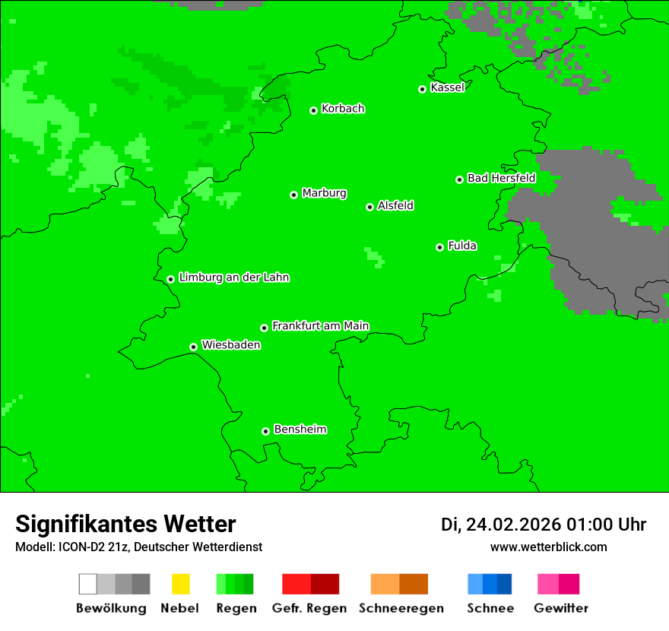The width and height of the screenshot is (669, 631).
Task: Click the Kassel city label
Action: (x=447, y=87)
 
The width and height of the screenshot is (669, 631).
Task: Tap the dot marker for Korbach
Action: (x=313, y=110)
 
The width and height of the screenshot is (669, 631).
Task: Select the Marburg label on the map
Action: (x=324, y=193)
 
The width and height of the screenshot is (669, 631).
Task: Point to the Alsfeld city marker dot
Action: (x=369, y=207)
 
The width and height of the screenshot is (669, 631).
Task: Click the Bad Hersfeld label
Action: (x=501, y=178)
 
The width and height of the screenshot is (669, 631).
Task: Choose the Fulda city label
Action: (x=462, y=246)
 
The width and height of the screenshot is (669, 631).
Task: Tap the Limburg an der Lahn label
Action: (x=233, y=277)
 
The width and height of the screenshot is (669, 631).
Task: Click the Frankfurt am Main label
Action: (x=320, y=326)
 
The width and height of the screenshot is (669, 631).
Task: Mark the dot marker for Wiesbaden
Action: (x=193, y=347)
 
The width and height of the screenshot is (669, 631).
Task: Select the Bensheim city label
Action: (x=300, y=430)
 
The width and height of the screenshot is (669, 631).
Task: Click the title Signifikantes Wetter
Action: (x=125, y=525)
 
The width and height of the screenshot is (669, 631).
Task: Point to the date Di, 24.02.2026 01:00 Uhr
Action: (x=543, y=525)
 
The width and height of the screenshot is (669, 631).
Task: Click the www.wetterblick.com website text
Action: (x=548, y=547)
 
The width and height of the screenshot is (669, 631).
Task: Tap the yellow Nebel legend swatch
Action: (x=180, y=584)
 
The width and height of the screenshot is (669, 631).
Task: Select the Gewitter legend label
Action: (x=560, y=608)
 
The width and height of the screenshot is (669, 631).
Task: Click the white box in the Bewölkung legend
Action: (x=87, y=584)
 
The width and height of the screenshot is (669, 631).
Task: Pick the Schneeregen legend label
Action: (x=401, y=608)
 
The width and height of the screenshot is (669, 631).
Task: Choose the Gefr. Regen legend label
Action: (x=309, y=608)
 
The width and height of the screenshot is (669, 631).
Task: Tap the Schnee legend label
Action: (x=490, y=608)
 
